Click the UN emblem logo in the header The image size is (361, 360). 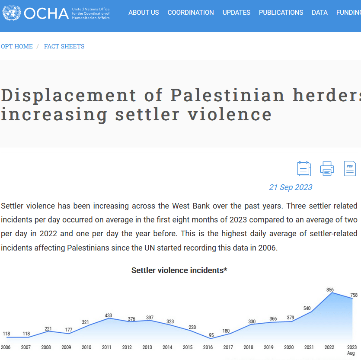(12, 13)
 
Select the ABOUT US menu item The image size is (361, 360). (144, 13)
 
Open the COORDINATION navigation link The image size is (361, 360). (191, 13)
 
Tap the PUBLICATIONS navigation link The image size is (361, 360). (281, 13)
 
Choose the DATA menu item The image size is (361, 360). (319, 13)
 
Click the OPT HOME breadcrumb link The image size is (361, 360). (17, 46)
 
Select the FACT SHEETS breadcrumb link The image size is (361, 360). (64, 46)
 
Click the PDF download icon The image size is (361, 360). (350, 168)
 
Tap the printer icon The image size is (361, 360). (327, 168)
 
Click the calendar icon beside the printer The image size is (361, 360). (304, 168)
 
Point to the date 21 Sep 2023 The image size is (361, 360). (291, 187)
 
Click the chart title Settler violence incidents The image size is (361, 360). (179, 270)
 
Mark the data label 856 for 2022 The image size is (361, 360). (330, 289)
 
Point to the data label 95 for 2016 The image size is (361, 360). (211, 335)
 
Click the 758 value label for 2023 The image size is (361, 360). (353, 295)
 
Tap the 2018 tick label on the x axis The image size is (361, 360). (248, 347)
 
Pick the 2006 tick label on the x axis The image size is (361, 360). (6, 347)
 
